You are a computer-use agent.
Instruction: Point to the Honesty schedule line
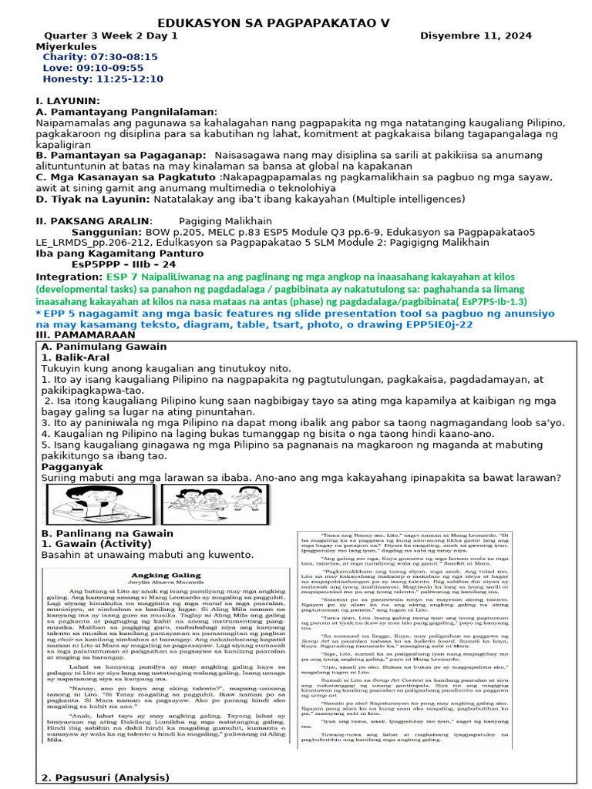point(103,79)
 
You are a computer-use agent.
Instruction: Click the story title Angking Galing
point(166,575)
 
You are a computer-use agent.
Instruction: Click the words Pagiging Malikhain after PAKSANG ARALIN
point(228,220)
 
